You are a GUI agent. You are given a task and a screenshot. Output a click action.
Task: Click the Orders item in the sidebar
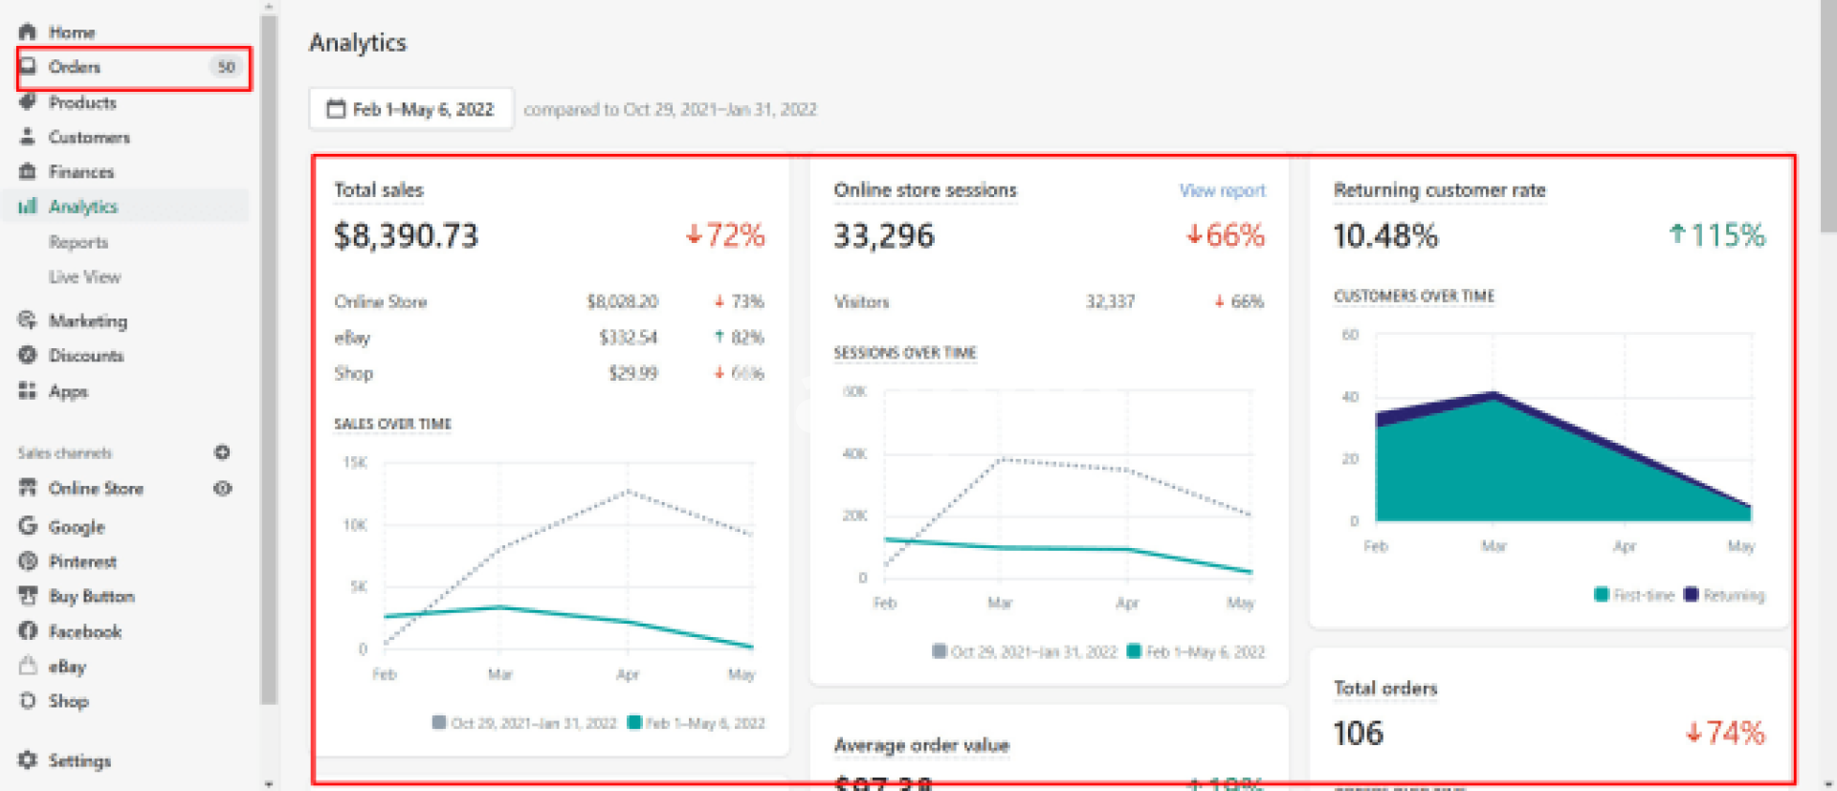pyautogui.click(x=75, y=67)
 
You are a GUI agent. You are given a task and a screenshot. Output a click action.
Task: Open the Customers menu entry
pyautogui.click(x=89, y=138)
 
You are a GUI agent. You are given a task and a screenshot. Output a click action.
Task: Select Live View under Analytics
pyautogui.click(x=84, y=277)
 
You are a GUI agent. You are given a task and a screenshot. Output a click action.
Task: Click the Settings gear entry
pyautogui.click(x=78, y=760)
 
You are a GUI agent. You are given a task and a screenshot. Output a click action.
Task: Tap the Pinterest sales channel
pyautogui.click(x=82, y=561)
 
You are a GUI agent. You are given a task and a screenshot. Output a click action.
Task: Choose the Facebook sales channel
pyautogui.click(x=84, y=631)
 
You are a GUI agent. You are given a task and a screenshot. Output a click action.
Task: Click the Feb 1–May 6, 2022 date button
pyautogui.click(x=411, y=109)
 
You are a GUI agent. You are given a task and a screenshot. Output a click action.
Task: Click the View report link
pyautogui.click(x=1222, y=190)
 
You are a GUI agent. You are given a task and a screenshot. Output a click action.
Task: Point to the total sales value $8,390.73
pyautogui.click(x=406, y=235)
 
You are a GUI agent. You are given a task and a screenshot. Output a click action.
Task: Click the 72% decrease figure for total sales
pyautogui.click(x=726, y=235)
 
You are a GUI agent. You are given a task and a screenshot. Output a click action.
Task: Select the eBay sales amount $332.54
pyautogui.click(x=628, y=338)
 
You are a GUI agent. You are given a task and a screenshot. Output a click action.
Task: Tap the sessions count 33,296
pyautogui.click(x=883, y=235)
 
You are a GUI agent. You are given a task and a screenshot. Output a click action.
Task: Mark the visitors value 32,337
pyautogui.click(x=1110, y=302)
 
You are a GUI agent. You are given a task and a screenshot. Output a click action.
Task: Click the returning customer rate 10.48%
pyautogui.click(x=1385, y=235)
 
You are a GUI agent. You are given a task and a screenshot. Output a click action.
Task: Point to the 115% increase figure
pyautogui.click(x=1717, y=235)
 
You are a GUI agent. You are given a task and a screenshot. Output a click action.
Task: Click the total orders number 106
pyautogui.click(x=1359, y=734)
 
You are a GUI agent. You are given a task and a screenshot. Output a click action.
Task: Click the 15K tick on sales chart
pyautogui.click(x=355, y=463)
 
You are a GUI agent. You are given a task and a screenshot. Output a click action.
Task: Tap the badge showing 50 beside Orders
pyautogui.click(x=226, y=67)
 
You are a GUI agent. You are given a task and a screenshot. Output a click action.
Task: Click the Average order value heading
pyautogui.click(x=921, y=745)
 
